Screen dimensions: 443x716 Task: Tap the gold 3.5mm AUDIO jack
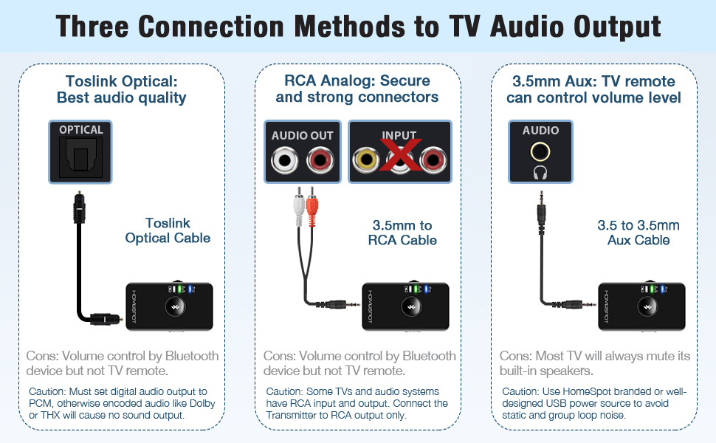pyautogui.click(x=541, y=151)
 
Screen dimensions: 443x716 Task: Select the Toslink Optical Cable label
pyautogui.click(x=168, y=230)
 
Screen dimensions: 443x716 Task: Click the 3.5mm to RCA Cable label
pyautogui.click(x=402, y=233)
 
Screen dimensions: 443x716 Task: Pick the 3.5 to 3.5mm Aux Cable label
pyautogui.click(x=638, y=233)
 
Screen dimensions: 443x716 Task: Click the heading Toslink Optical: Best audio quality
pyautogui.click(x=121, y=89)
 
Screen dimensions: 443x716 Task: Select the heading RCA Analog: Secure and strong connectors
pyautogui.click(x=357, y=89)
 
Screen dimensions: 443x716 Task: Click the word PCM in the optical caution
pyautogui.click(x=41, y=403)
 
